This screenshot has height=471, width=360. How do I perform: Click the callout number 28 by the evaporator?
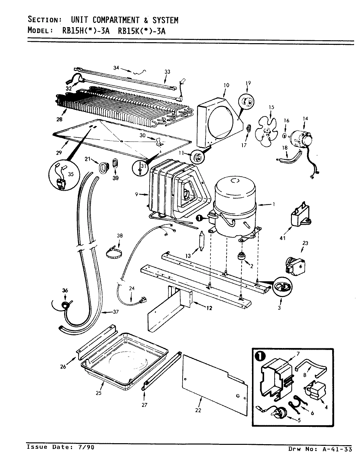click(59, 120)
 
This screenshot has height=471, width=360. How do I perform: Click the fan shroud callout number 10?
click(226, 85)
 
